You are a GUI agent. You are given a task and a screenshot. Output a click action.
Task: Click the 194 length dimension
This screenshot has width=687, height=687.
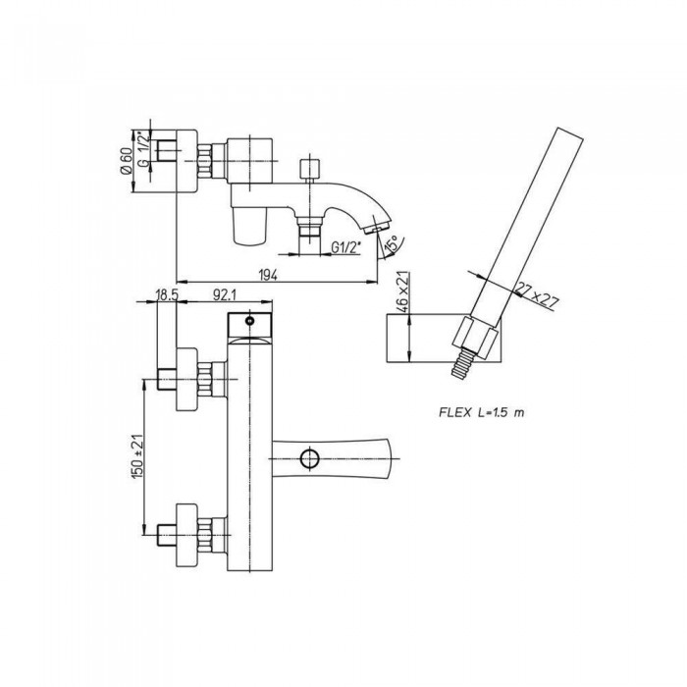tap(268, 275)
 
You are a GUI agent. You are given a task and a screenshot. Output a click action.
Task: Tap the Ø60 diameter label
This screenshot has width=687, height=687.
tap(126, 161)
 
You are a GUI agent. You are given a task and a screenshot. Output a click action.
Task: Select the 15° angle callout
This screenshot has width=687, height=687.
tap(392, 244)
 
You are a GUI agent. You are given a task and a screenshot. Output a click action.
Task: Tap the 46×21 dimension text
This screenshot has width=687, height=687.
tap(402, 291)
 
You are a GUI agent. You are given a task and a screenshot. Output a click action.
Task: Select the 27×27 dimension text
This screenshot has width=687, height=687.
tap(537, 296)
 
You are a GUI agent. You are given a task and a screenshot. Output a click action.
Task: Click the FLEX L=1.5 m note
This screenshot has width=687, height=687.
tap(482, 412)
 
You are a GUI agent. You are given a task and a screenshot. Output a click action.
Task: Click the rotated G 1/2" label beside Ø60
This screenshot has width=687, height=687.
tap(143, 149)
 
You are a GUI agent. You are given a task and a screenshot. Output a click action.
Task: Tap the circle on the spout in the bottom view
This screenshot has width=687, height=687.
tap(309, 458)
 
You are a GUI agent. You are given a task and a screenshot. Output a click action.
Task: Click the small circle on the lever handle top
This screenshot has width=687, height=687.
tap(250, 321)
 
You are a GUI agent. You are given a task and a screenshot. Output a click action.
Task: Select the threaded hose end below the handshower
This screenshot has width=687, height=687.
tap(462, 363)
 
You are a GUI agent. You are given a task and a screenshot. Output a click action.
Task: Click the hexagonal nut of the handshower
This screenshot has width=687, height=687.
tap(475, 337)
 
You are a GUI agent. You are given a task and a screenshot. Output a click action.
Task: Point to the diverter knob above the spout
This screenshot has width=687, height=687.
tap(310, 169)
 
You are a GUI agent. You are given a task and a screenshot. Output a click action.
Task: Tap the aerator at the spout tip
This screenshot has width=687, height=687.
tap(376, 228)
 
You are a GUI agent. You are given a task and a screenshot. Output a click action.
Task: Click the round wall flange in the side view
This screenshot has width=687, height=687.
tap(186, 161)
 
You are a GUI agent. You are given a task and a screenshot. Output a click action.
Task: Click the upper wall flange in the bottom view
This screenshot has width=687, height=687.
tap(186, 380)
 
